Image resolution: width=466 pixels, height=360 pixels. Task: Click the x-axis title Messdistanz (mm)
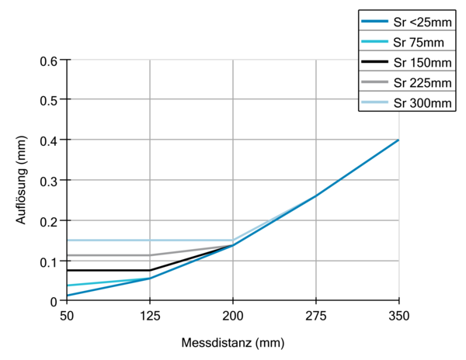pyautogui.click(x=232, y=342)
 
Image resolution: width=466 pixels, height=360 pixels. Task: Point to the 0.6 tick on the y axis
pyautogui.click(x=48, y=60)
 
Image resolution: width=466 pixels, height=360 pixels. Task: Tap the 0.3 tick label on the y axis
pyautogui.click(x=48, y=180)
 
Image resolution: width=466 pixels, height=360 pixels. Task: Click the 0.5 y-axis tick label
pyautogui.click(x=48, y=100)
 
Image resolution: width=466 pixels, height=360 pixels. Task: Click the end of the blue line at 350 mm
pyautogui.click(x=398, y=140)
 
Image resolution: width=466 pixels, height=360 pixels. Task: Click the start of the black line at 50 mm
pyautogui.click(x=68, y=270)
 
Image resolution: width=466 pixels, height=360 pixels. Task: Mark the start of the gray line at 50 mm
pyautogui.click(x=68, y=255)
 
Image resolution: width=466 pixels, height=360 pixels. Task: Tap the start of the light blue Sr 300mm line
pyautogui.click(x=68, y=240)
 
